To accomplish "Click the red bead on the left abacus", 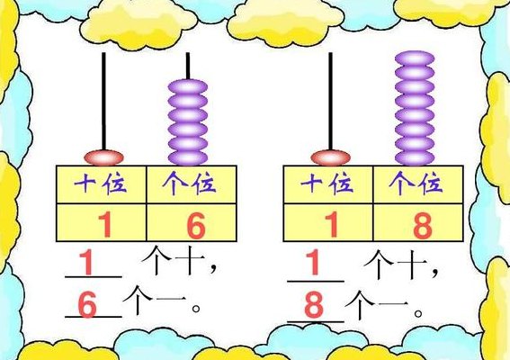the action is coord(103,157).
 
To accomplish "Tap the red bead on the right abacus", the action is coord(330,157).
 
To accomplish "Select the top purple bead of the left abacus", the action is coord(188,86).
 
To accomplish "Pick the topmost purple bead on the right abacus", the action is coord(415,58).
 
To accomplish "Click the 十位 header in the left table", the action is coord(100,184).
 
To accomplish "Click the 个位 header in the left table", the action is coord(189,184).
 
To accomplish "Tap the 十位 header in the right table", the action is coord(327,184).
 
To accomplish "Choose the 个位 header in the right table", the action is coord(416,184).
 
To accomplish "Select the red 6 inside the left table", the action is coord(196,225).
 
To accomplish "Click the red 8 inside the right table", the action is coord(423,225).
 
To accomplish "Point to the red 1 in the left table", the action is coord(105,224).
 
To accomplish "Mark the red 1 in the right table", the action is coord(332,224).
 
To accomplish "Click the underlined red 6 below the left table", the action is coord(87,304).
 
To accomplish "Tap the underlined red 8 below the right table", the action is coord(314,304).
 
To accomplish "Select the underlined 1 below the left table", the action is coord(86,263).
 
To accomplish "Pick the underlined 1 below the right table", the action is coord(313,263).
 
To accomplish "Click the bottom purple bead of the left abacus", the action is coord(188,157).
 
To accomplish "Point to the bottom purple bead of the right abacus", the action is coord(415,157).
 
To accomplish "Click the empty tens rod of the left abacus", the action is coord(103,101).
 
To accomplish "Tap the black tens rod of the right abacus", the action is coord(330,101).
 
